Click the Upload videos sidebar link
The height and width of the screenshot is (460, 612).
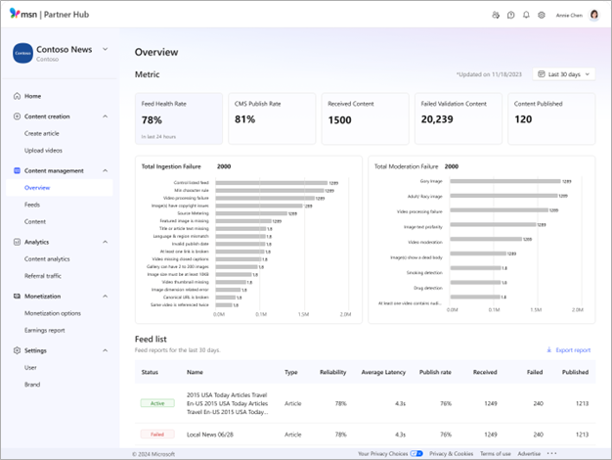point(44,150)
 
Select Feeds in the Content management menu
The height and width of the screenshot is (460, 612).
point(32,205)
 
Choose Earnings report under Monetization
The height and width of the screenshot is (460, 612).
point(46,330)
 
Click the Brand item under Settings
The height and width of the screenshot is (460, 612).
point(32,385)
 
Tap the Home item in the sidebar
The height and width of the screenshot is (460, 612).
point(32,96)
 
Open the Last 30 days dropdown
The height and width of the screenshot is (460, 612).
point(564,73)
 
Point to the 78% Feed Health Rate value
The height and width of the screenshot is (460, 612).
point(152,119)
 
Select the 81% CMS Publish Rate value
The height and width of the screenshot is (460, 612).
point(244,119)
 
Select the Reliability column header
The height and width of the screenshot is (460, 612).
point(332,372)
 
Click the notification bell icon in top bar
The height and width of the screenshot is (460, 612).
point(526,16)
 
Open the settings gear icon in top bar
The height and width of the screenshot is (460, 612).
point(542,16)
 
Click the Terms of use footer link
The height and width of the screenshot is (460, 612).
point(495,454)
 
